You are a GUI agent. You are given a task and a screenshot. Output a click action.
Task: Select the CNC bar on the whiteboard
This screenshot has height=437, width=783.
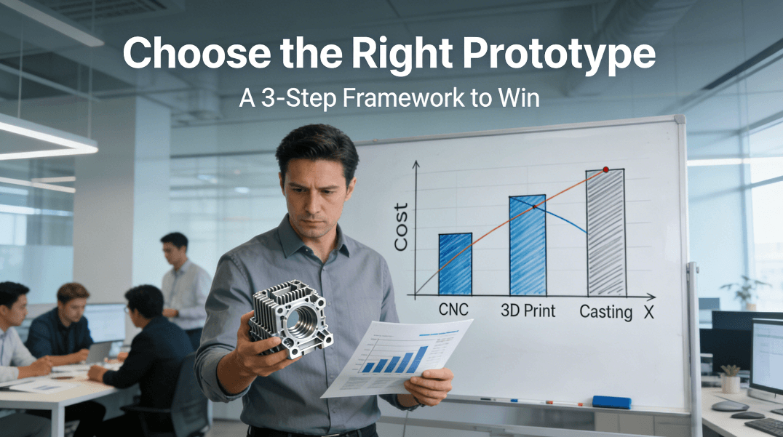(x=455, y=264)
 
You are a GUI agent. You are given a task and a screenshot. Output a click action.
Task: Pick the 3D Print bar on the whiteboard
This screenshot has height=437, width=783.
(x=528, y=244)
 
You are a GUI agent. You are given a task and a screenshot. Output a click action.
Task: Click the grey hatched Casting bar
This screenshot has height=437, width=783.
(x=605, y=232)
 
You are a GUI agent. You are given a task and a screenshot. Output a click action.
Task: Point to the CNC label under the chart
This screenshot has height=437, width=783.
(x=454, y=310)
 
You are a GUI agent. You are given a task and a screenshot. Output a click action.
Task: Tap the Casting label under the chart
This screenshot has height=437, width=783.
(x=605, y=312)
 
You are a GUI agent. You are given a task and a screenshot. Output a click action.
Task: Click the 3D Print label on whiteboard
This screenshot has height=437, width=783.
(x=528, y=310)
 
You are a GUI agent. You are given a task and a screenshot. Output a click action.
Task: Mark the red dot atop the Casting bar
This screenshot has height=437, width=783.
(x=605, y=169)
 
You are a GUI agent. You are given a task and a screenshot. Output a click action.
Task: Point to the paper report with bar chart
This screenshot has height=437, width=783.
(x=397, y=356)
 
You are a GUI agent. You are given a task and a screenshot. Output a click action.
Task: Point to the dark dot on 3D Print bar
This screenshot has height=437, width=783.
(x=533, y=207)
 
